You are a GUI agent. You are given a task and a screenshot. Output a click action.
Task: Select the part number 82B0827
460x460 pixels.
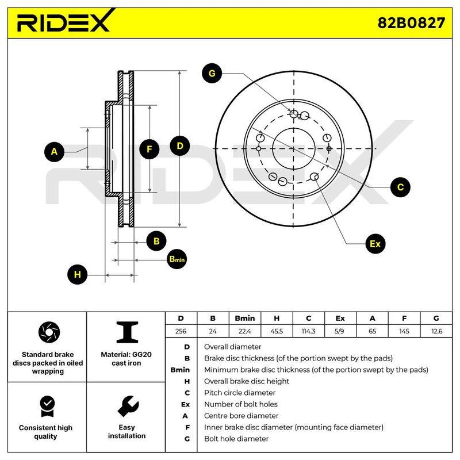click(x=411, y=22)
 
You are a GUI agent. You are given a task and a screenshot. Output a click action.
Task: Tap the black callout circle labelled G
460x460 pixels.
click(x=212, y=73)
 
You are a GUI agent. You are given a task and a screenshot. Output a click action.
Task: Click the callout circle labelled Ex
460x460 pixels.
click(x=375, y=244)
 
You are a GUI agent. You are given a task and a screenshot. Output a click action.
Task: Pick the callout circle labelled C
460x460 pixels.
click(x=400, y=187)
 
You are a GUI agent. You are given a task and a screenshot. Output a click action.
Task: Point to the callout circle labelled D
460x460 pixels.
click(x=180, y=146)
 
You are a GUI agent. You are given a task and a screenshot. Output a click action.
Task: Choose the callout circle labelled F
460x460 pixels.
click(x=149, y=149)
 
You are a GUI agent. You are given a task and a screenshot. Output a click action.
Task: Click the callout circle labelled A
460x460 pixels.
click(x=54, y=152)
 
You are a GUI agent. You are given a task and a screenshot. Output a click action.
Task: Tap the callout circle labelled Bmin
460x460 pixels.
click(x=177, y=259)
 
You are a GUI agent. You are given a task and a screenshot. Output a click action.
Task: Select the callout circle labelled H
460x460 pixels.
click(x=78, y=274)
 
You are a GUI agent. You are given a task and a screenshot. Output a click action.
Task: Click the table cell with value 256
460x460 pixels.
click(x=181, y=331)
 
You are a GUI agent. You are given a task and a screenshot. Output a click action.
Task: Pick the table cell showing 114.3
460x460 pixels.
click(x=308, y=331)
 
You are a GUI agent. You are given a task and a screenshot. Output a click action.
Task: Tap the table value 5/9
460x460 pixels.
click(x=339, y=331)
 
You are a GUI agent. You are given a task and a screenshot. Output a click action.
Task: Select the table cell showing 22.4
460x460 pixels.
click(x=245, y=331)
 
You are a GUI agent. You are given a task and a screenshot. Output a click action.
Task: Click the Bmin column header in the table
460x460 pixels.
click(x=245, y=319)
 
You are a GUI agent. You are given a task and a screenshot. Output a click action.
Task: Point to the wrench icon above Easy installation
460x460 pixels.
click(x=128, y=407)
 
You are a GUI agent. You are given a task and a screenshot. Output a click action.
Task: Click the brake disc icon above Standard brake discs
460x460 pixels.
click(x=49, y=332)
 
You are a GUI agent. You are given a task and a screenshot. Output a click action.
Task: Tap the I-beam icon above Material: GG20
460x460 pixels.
click(x=127, y=332)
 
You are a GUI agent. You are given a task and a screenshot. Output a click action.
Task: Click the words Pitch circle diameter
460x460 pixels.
click(x=240, y=393)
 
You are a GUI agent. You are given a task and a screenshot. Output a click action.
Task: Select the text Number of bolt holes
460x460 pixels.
click(x=241, y=404)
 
